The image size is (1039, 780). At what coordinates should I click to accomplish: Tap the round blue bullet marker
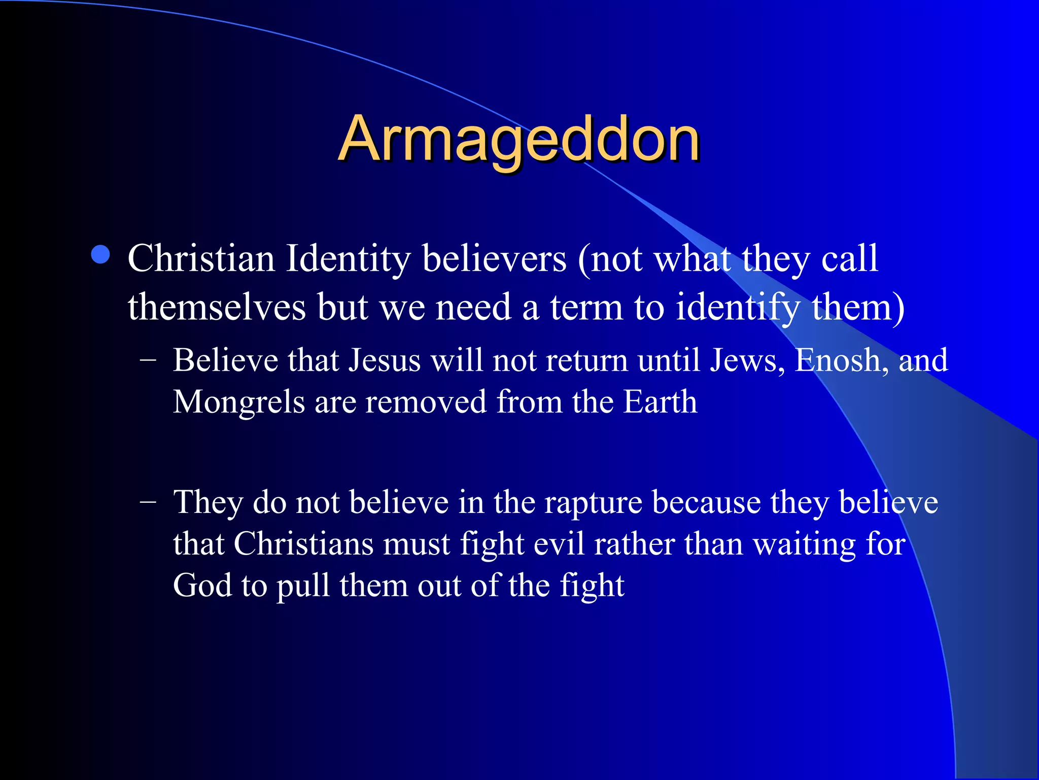click(101, 255)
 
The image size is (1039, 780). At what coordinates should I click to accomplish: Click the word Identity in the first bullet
click(348, 259)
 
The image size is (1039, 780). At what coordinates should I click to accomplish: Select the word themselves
click(217, 308)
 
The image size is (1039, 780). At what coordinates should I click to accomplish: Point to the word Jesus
click(385, 361)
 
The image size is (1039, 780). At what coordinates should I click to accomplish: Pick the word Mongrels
click(238, 402)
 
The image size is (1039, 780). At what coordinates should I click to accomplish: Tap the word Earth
click(660, 402)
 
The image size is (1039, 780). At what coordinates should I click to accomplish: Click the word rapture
click(593, 503)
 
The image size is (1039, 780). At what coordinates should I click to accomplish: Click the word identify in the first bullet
click(737, 308)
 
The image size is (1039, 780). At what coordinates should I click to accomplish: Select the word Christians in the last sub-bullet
click(303, 544)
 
